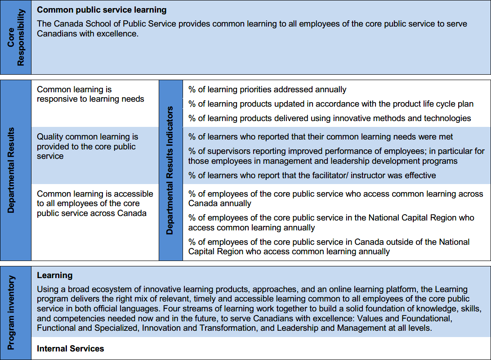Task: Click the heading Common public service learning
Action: tap(102, 9)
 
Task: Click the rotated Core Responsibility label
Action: tap(16, 38)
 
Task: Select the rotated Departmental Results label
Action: tap(11, 170)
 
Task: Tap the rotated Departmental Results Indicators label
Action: tap(170, 170)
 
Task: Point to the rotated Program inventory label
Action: tap(11, 313)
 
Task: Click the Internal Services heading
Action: tap(70, 348)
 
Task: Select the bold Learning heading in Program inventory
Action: tap(54, 275)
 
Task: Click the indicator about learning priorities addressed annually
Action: tap(267, 90)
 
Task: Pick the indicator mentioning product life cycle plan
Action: tap(330, 104)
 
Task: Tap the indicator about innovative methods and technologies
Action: tap(329, 118)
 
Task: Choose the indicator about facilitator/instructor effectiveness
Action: tap(312, 175)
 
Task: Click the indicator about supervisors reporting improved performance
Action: tap(336, 156)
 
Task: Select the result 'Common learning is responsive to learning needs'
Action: tap(90, 94)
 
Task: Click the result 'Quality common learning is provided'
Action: tap(87, 146)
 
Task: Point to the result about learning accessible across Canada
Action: tap(95, 203)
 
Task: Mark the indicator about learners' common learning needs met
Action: tap(320, 136)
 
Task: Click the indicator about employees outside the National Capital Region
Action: tap(328, 247)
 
